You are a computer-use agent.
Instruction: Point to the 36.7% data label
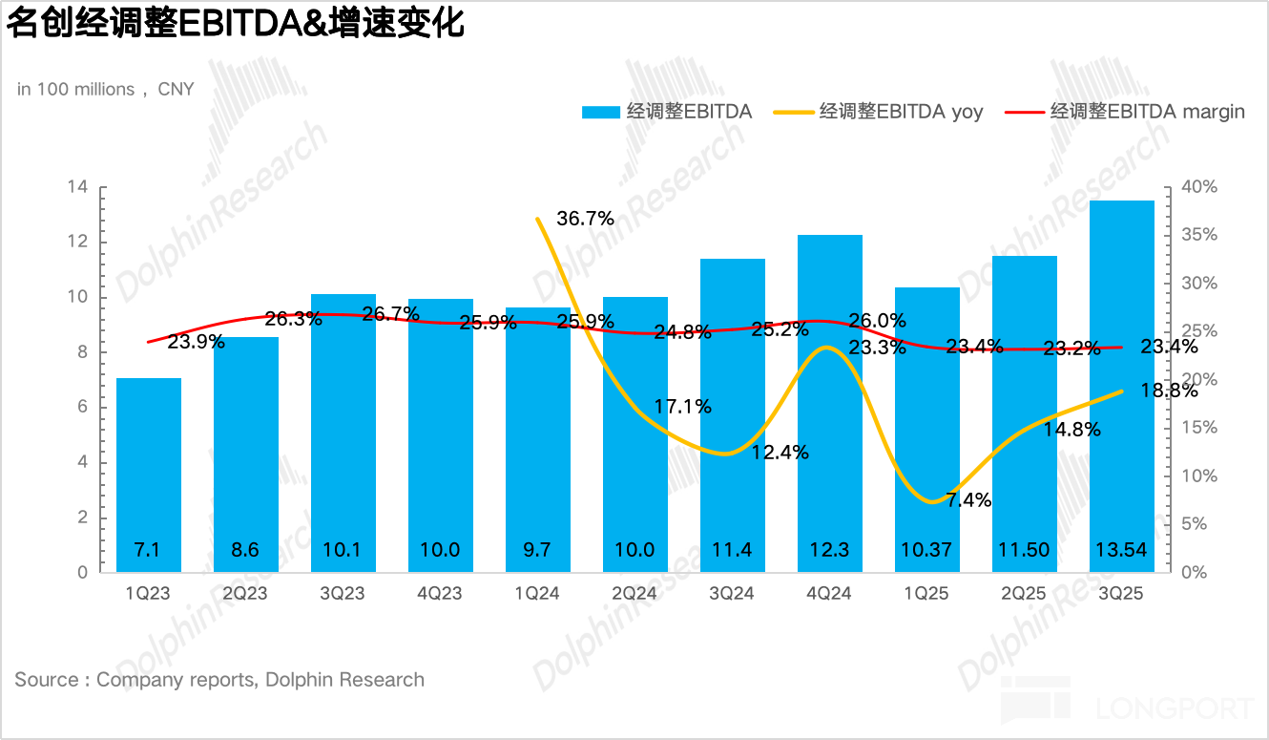pyautogui.click(x=585, y=219)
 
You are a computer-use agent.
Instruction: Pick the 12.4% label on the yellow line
pyautogui.click(x=780, y=453)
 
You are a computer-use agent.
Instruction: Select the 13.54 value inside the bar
pyautogui.click(x=1121, y=551)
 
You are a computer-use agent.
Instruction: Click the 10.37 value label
pyautogui.click(x=926, y=551)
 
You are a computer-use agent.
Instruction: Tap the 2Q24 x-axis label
pyautogui.click(x=634, y=594)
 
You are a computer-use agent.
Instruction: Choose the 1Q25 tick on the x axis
pyautogui.click(x=926, y=594)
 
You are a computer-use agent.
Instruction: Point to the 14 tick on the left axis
pyautogui.click(x=77, y=187)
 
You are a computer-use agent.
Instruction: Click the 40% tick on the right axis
pyautogui.click(x=1198, y=187)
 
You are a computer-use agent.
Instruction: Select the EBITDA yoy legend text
pyautogui.click(x=901, y=112)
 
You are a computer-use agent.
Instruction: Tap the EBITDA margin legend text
pyautogui.click(x=1147, y=112)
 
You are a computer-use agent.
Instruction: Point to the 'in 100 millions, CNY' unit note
pyautogui.click(x=105, y=89)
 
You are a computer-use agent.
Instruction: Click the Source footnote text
pyautogui.click(x=219, y=680)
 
